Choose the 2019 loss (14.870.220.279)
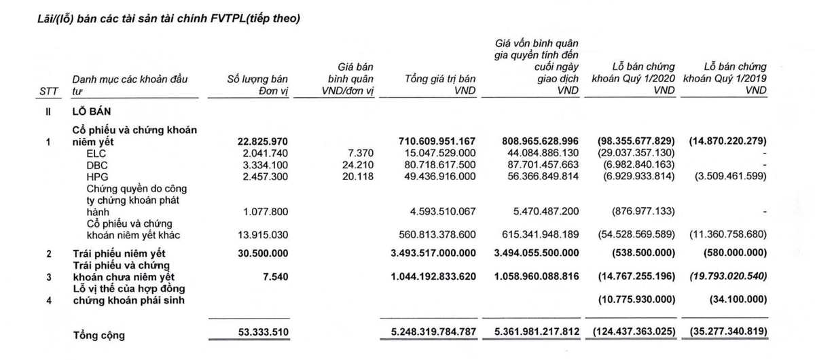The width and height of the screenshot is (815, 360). click(727, 141)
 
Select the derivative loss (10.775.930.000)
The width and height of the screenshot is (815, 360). click(636, 300)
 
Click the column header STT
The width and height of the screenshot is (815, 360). click(50, 91)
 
